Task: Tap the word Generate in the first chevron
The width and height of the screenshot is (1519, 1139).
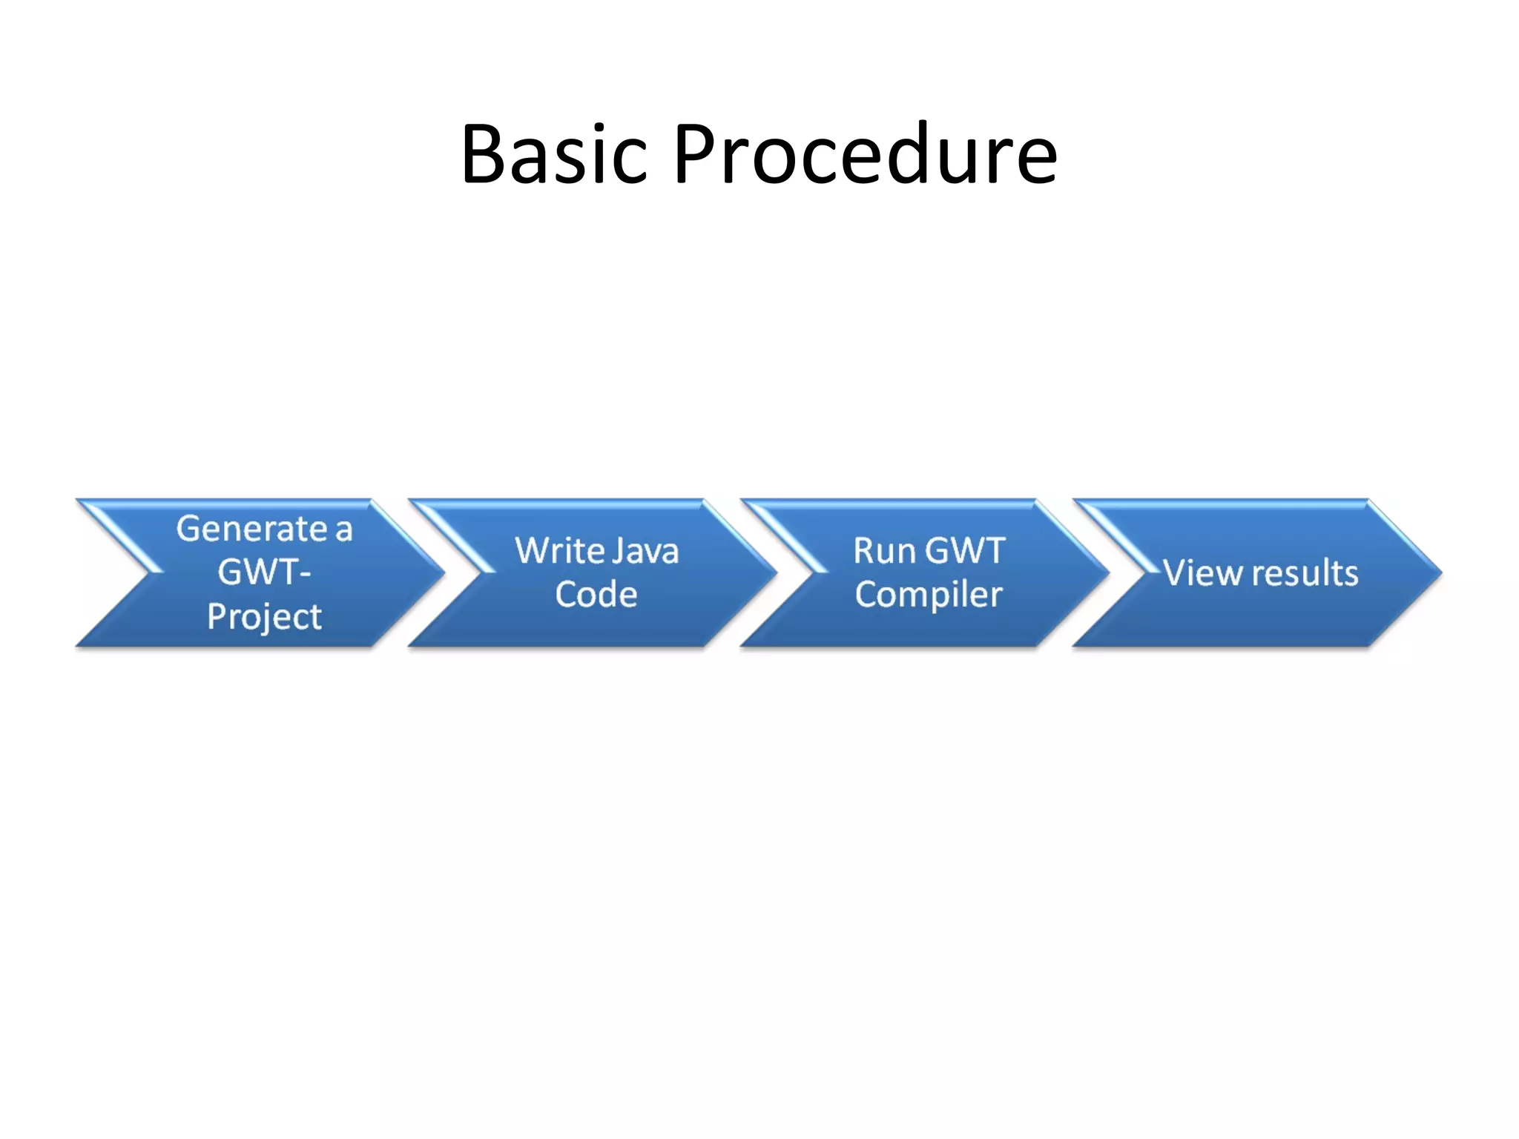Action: tap(251, 529)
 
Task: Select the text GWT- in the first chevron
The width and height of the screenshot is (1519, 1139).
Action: tap(264, 572)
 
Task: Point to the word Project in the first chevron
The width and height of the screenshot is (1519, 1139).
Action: tap(264, 617)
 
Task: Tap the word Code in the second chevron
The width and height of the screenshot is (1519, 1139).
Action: tap(596, 595)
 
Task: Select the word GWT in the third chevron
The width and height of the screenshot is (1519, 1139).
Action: tap(966, 551)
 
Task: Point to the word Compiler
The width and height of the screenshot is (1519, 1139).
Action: tap(929, 595)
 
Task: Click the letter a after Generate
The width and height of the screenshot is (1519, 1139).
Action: tap(343, 531)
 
